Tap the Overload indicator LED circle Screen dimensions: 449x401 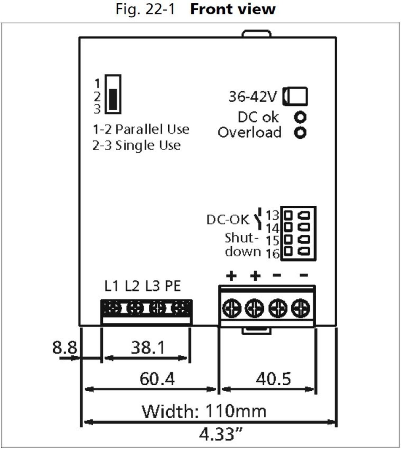[x=300, y=132]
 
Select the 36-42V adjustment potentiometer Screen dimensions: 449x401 [x=295, y=96]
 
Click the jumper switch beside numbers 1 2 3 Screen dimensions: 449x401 [x=113, y=94]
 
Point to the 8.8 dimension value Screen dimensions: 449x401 [x=64, y=348]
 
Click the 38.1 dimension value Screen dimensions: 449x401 [x=148, y=348]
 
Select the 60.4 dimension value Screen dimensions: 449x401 [x=157, y=379]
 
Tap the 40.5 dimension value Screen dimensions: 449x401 [x=273, y=379]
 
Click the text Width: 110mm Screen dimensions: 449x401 [x=204, y=411]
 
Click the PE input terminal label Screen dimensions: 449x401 [x=173, y=286]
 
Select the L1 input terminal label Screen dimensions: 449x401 [x=111, y=286]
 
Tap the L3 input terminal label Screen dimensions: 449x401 [x=152, y=286]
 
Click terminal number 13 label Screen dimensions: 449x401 [x=273, y=215]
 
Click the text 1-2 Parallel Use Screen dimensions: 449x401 [x=141, y=130]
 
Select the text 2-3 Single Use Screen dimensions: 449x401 [x=137, y=146]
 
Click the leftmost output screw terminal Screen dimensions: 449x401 [x=231, y=308]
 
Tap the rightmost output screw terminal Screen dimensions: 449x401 [x=300, y=308]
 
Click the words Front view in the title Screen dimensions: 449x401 [x=233, y=9]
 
